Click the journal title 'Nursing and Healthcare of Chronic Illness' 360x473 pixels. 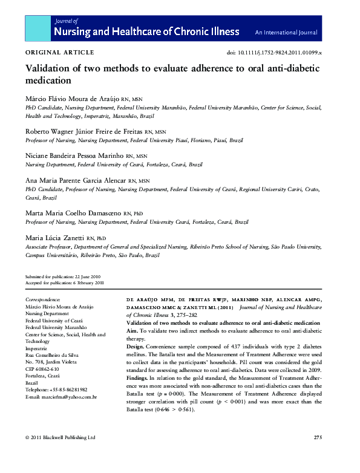[146, 31]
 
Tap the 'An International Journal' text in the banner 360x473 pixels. [287, 32]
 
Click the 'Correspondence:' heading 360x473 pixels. [43, 299]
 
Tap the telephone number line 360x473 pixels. [56, 389]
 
